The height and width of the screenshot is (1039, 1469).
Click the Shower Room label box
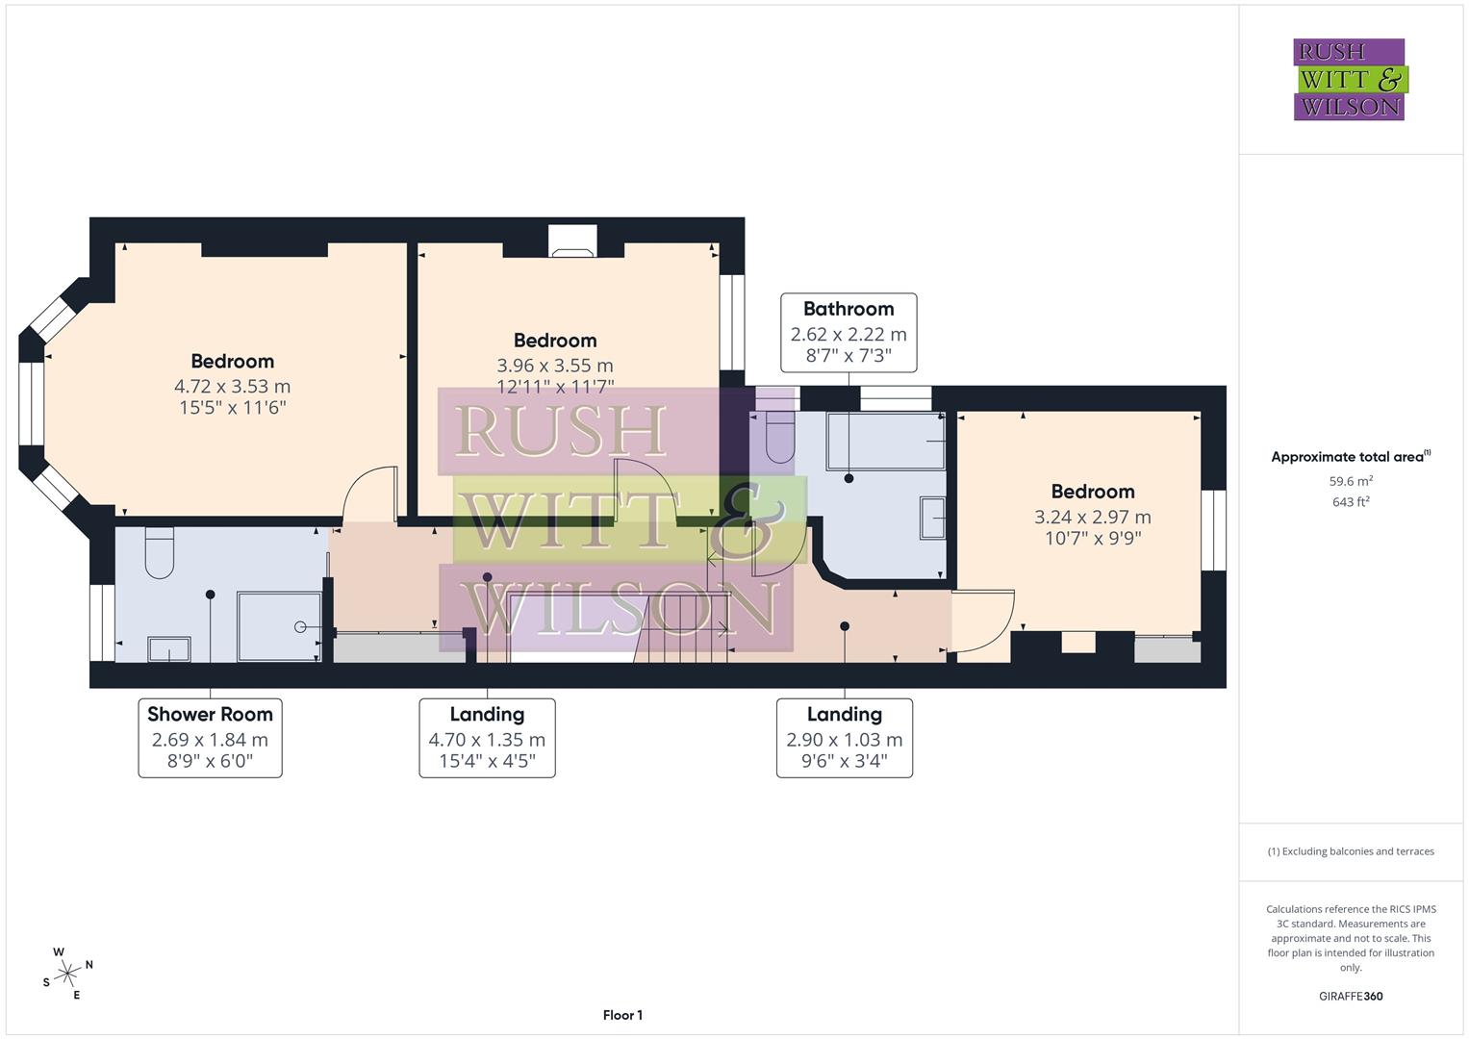point(210,738)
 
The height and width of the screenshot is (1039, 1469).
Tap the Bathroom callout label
point(848,333)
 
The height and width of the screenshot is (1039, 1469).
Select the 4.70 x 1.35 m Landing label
point(488,738)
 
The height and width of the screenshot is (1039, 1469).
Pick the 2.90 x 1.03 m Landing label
point(845,738)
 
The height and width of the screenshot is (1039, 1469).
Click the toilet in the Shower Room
point(160,552)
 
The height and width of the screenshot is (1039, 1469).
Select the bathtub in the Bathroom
point(885,441)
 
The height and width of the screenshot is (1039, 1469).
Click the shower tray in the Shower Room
point(279,626)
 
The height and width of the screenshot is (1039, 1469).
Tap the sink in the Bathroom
point(932,518)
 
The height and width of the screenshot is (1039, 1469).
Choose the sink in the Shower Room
point(169,648)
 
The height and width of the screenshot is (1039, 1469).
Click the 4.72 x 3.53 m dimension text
point(232,387)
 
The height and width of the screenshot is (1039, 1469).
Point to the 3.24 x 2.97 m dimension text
point(1093,517)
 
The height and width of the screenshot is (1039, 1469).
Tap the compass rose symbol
point(67,974)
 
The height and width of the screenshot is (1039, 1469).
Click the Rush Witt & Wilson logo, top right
point(1351,79)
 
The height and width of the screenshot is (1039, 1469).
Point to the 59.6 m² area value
point(1351,481)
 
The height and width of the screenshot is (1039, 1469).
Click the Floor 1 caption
point(622,1015)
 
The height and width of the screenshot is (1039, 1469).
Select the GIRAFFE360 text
point(1351,996)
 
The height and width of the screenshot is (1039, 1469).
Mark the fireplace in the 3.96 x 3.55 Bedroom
point(572,241)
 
